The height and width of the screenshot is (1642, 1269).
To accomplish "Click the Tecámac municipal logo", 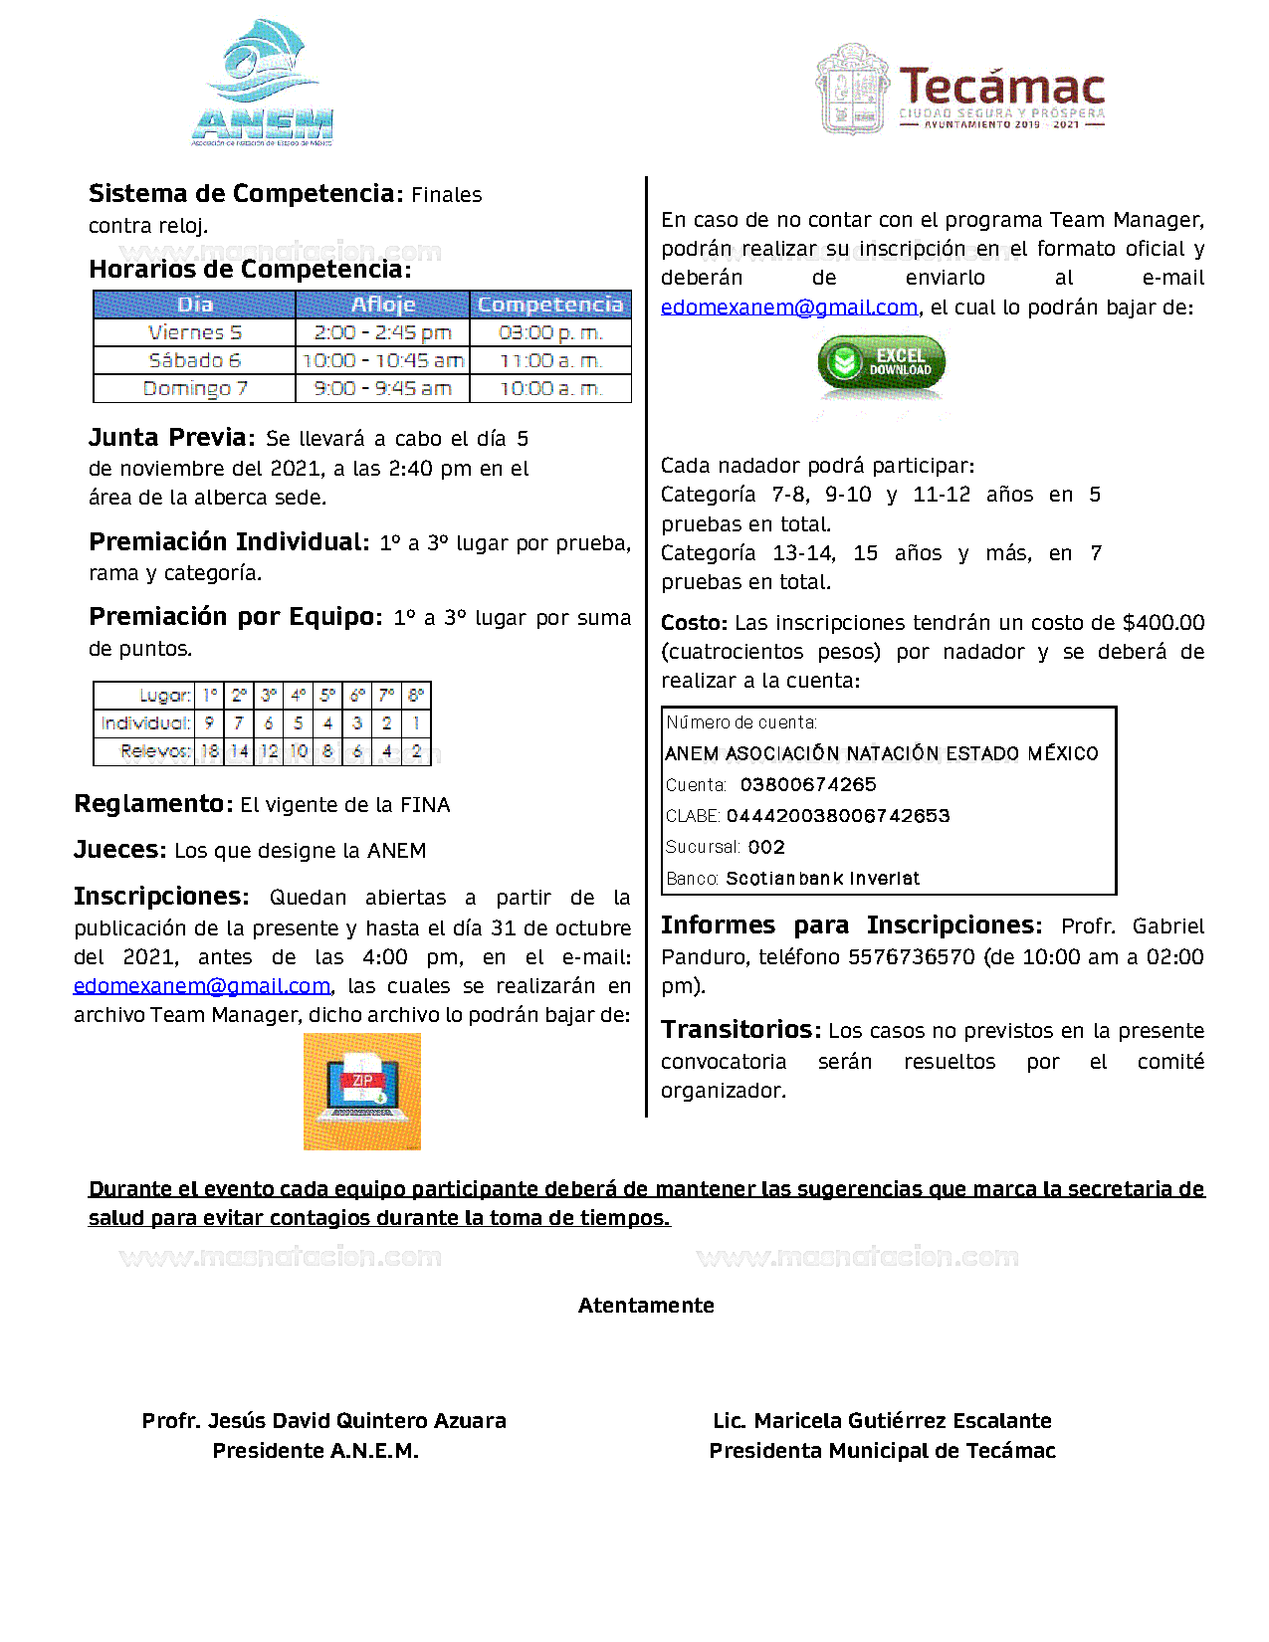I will [960, 90].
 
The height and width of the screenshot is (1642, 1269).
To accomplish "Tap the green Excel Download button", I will [881, 363].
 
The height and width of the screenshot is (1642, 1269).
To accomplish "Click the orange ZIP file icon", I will [362, 1091].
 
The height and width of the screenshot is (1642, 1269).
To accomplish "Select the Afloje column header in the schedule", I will [382, 305].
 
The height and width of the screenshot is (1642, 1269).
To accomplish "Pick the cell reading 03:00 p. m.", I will [550, 332].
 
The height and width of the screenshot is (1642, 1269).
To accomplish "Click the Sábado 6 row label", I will [194, 360].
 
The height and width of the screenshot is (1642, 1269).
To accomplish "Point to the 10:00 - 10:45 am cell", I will [382, 360].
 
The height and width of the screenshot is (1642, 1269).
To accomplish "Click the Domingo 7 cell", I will [194, 388].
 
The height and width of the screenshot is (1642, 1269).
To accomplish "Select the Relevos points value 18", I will [210, 751].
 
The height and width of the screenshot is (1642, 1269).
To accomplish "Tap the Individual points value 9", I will [209, 723].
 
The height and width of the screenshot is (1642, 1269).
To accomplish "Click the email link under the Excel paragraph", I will [788, 308].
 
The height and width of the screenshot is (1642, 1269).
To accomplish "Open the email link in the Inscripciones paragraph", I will [202, 986].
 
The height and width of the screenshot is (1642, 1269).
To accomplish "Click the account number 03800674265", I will [808, 785].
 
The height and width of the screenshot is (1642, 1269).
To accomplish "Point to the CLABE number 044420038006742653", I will [838, 816].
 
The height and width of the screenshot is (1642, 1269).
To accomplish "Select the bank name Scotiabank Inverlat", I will [822, 879].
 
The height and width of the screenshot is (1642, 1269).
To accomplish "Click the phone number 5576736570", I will [911, 957].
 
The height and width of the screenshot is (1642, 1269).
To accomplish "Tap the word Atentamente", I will [646, 1306].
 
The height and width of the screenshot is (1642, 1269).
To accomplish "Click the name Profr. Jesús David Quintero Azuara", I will [323, 1421].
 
